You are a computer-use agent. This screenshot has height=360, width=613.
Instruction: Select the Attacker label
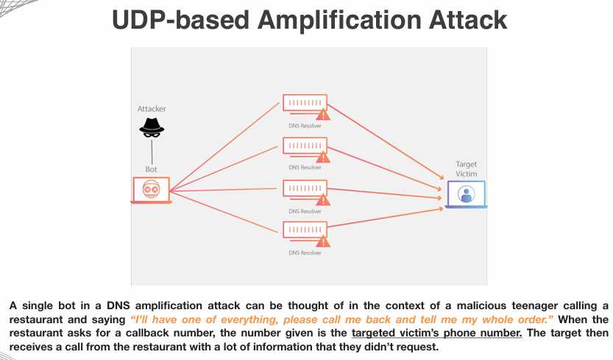click(152, 109)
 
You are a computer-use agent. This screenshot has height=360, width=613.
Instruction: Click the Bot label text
click(151, 169)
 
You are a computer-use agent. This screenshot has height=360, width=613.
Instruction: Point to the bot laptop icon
click(151, 190)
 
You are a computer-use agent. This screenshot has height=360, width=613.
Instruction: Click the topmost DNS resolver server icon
click(304, 105)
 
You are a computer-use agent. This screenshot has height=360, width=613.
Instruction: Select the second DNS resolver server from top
click(304, 146)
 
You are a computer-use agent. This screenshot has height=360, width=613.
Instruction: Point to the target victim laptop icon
click(465, 194)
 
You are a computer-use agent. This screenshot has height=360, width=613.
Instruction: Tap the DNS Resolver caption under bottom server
click(305, 253)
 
